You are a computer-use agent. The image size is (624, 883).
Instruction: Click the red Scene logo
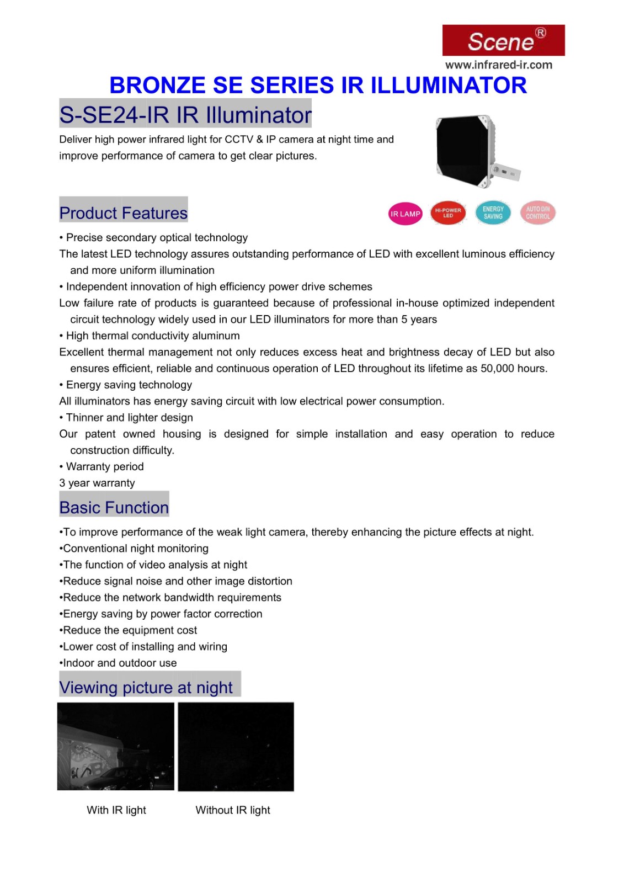tap(503, 40)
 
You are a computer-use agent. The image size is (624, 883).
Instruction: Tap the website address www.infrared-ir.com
tap(498, 65)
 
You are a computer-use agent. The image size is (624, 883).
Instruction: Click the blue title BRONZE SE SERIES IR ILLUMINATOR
tap(318, 86)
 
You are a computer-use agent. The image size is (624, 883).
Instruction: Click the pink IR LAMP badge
tap(405, 214)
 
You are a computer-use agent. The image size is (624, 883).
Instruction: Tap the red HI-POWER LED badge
tap(448, 213)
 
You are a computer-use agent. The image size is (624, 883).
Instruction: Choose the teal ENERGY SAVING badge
tap(493, 213)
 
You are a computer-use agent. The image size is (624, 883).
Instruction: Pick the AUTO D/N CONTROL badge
tap(537, 213)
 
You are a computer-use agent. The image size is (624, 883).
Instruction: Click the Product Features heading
tap(124, 212)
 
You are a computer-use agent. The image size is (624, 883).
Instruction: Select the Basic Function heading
tap(114, 507)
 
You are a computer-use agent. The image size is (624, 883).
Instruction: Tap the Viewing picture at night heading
tap(146, 687)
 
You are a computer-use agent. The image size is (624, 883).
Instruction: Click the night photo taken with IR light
tap(116, 746)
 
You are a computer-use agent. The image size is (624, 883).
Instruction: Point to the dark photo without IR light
tap(236, 746)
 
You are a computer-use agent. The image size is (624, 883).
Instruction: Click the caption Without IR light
tap(233, 810)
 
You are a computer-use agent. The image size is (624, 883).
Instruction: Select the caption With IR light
tap(116, 810)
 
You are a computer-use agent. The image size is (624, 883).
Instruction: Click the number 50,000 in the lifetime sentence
tap(497, 368)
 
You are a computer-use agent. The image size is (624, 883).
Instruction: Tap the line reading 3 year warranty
tap(97, 483)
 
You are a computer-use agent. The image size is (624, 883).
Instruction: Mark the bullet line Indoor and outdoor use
tap(120, 663)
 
